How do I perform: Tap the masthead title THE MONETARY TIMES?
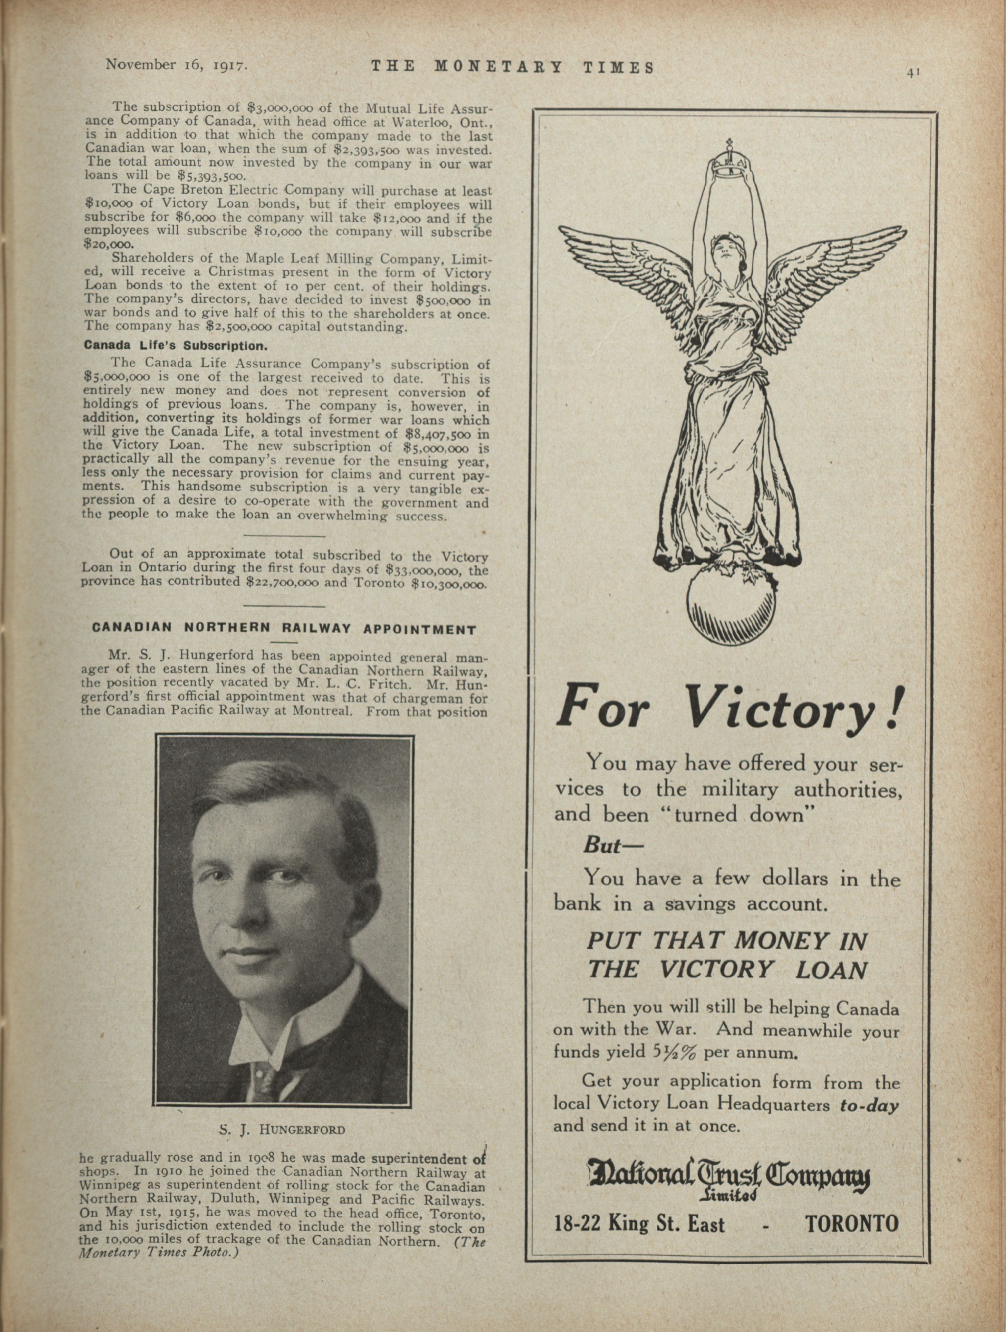tap(512, 67)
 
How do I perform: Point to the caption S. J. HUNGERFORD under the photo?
tap(282, 1130)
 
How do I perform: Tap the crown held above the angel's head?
tap(729, 161)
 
